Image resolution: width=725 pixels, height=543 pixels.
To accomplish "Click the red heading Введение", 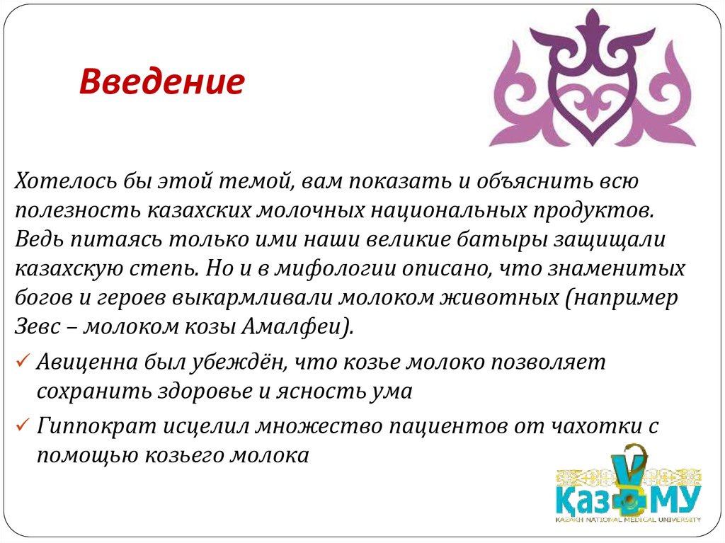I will [161, 83].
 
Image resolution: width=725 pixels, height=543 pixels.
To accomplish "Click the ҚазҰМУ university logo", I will [627, 488].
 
